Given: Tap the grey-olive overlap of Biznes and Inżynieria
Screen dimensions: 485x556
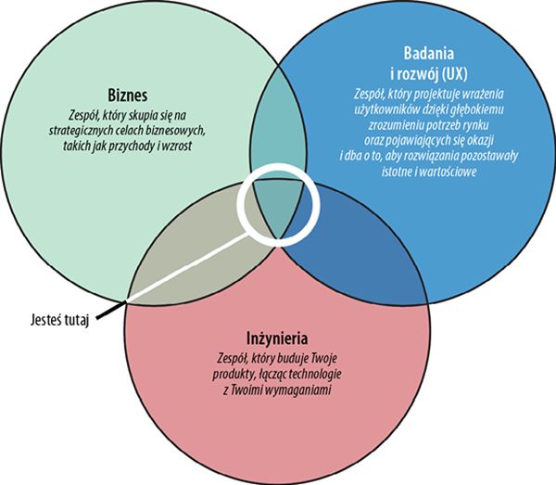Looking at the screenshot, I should point(199,236).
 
